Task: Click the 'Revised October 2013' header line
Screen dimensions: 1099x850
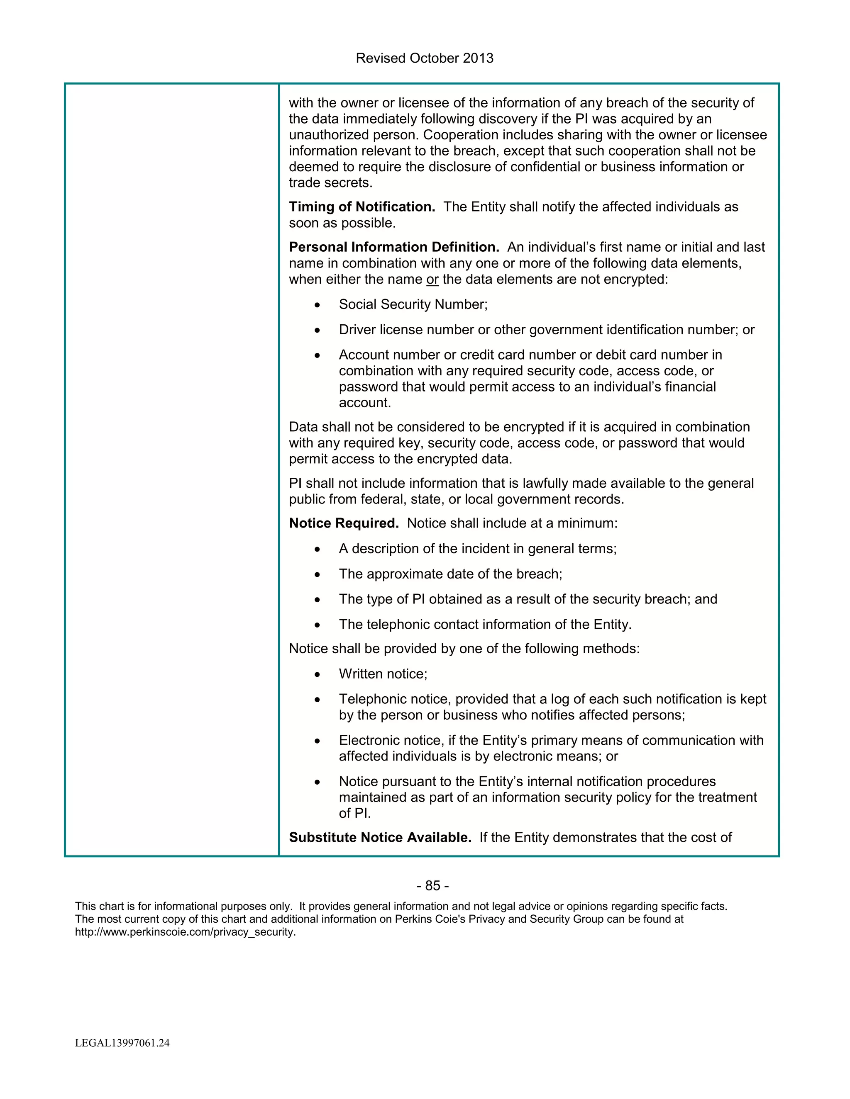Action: [x=425, y=58]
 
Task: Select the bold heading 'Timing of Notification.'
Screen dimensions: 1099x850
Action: [x=361, y=207]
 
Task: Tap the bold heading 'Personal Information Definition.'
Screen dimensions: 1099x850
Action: [x=394, y=247]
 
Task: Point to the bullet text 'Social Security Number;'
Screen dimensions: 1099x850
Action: [x=413, y=304]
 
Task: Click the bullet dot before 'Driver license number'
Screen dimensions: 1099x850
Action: [x=317, y=331]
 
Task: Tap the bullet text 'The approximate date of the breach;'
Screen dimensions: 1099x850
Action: [x=450, y=574]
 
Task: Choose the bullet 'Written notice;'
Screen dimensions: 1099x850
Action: [x=383, y=674]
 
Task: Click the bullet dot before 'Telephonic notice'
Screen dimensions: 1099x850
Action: [x=317, y=700]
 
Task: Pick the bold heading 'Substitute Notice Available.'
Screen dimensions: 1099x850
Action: [x=380, y=837]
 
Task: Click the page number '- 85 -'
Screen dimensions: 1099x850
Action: [x=432, y=886]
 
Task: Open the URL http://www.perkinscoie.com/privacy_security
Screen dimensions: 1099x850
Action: [x=185, y=932]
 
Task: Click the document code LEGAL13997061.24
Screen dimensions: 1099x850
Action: [x=122, y=1043]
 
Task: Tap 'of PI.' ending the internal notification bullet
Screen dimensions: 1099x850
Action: [x=354, y=813]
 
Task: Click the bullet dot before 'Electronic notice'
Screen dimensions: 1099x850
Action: [x=317, y=741]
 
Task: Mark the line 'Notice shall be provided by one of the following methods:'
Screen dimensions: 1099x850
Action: [x=464, y=649]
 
